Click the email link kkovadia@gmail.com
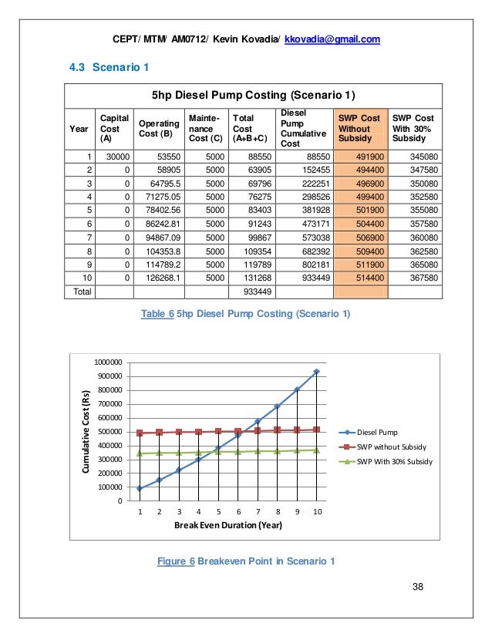[x=332, y=39]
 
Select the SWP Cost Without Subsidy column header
[x=359, y=128]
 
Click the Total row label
[x=80, y=293]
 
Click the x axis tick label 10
[x=316, y=512]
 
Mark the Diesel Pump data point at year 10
[x=316, y=372]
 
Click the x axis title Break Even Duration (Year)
[x=227, y=526]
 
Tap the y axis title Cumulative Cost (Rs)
[x=86, y=431]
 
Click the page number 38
[x=418, y=588]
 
